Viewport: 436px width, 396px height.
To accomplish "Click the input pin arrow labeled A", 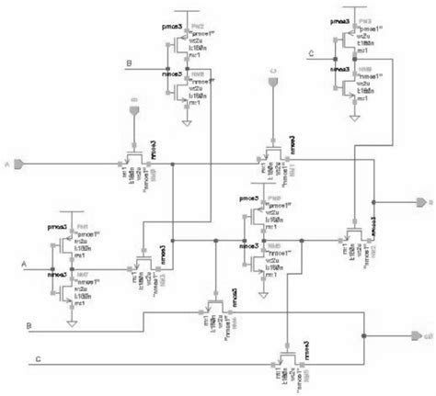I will click(x=20, y=164).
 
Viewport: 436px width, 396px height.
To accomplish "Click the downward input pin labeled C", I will click(x=273, y=84).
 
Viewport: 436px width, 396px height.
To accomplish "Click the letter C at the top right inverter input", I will click(x=311, y=54).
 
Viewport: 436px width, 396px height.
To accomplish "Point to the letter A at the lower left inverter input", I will click(x=25, y=263).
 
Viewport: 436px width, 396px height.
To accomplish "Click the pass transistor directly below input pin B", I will click(x=134, y=158).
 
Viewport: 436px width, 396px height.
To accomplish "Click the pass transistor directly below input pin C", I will click(x=273, y=152).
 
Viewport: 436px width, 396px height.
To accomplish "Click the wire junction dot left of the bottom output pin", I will click(x=364, y=335).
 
